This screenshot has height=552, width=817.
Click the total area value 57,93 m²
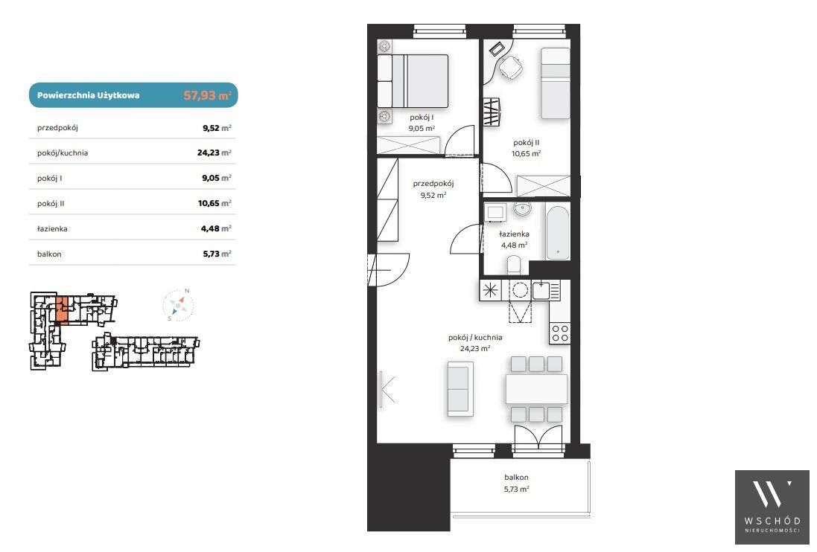click(x=207, y=95)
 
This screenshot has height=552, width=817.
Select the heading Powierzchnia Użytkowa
click(x=89, y=95)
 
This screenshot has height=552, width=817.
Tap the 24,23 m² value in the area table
click(x=214, y=153)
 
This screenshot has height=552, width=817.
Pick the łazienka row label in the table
click(x=52, y=228)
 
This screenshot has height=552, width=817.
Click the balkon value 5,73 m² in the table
click(x=217, y=254)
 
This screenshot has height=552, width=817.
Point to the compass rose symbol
click(x=178, y=306)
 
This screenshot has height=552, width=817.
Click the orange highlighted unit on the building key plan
click(x=62, y=309)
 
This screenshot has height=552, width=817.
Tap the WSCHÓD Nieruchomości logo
click(x=772, y=507)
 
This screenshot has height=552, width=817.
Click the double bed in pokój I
click(x=413, y=81)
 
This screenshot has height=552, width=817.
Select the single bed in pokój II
click(x=556, y=83)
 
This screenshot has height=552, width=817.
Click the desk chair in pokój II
click(x=511, y=67)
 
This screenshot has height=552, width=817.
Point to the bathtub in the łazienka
click(x=558, y=233)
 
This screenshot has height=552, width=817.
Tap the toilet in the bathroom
click(x=514, y=265)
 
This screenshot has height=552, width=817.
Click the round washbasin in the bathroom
click(x=522, y=209)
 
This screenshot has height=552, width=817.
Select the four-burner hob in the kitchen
click(x=560, y=333)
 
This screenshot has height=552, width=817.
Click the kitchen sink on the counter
click(x=541, y=290)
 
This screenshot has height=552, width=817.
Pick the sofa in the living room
click(x=460, y=388)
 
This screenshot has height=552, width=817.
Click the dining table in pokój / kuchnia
click(x=536, y=388)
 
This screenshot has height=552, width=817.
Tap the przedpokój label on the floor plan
click(x=433, y=184)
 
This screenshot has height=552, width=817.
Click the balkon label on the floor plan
click(x=516, y=477)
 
